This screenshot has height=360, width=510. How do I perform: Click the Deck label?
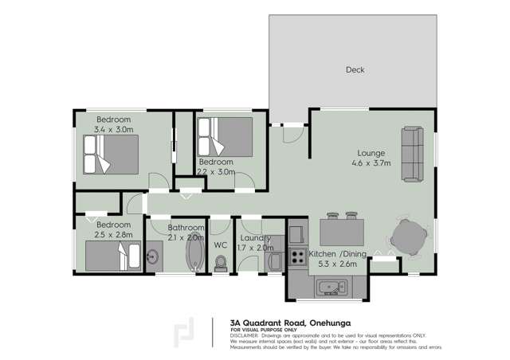click(355, 70)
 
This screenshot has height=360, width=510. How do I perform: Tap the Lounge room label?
click(371, 153)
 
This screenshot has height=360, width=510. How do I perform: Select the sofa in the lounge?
click(412, 153)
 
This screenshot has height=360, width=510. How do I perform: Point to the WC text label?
click(221, 245)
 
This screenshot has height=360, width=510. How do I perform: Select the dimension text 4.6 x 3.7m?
click(371, 163)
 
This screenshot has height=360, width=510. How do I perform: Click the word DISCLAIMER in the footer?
click(245, 335)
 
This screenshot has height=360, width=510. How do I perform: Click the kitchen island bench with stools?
click(342, 233)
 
